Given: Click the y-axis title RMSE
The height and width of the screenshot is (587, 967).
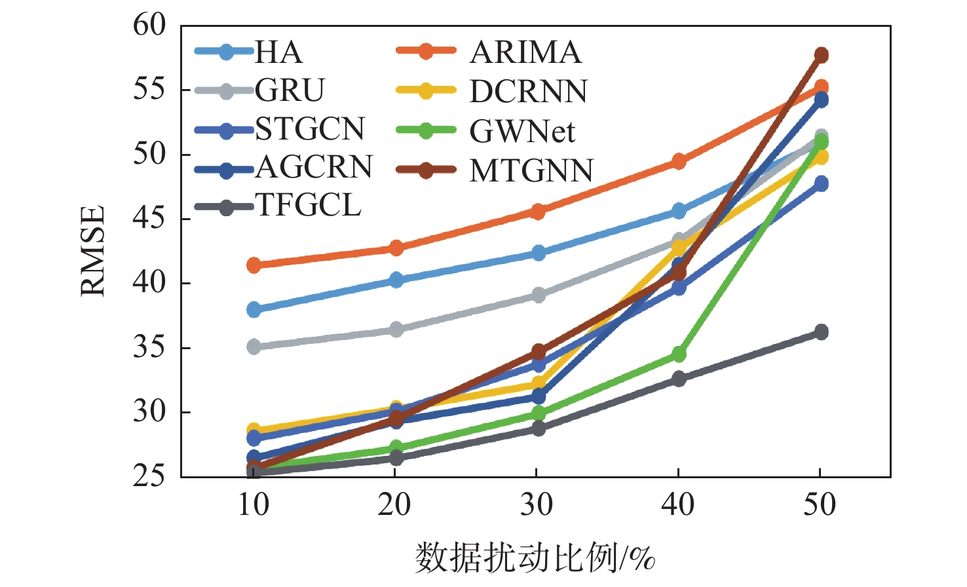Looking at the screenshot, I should (93, 251).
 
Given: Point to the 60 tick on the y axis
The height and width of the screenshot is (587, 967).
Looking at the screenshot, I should (150, 26).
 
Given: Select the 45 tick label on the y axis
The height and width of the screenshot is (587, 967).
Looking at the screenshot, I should (150, 219).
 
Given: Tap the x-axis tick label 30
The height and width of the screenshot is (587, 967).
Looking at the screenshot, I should (537, 504).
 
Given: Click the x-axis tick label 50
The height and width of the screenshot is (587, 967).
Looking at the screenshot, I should (820, 504).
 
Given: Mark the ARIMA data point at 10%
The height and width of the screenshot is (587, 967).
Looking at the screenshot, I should (254, 265).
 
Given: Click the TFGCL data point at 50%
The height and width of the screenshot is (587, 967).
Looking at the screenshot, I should (821, 332).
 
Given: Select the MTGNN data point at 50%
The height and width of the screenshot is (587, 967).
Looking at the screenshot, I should (821, 55).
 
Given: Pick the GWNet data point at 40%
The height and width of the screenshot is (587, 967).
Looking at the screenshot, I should (679, 354).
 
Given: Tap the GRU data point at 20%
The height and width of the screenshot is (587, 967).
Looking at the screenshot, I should (396, 329).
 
